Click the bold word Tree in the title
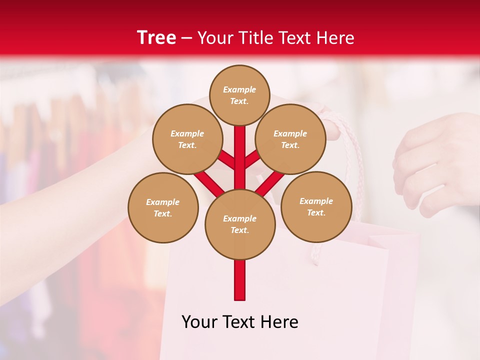point(156,38)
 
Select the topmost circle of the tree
point(239,95)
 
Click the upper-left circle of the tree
point(187,139)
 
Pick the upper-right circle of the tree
point(290,139)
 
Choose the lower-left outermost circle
point(162,207)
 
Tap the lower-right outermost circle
point(316,206)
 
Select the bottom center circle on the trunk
point(239,224)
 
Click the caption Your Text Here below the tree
point(239,322)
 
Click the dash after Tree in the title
point(186,38)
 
